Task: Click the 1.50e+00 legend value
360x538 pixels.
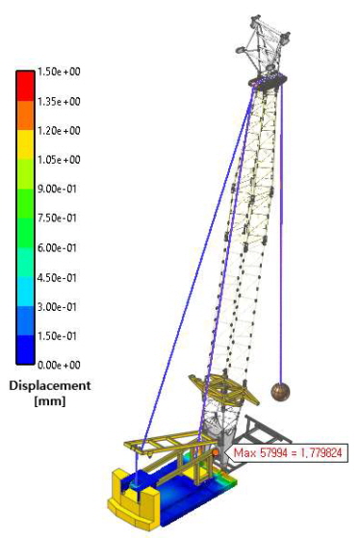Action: point(59,72)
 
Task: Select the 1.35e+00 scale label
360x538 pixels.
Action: point(59,101)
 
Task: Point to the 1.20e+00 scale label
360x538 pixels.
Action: point(59,130)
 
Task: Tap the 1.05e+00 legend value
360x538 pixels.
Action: point(59,160)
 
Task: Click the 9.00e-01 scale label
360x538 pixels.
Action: point(57,189)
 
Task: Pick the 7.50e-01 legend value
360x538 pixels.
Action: point(57,218)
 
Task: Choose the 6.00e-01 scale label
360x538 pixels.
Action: point(57,247)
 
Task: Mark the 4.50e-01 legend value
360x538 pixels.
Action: point(57,277)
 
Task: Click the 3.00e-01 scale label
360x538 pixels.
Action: point(57,306)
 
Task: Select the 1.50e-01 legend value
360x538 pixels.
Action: point(57,336)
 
